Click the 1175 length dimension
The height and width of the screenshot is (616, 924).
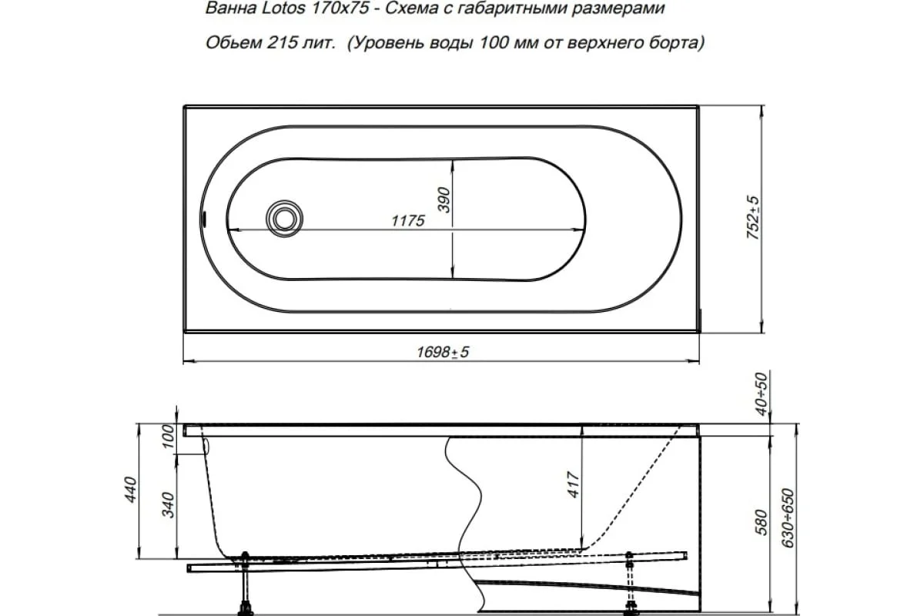(x=407, y=222)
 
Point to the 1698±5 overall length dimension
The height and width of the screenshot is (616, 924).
(x=441, y=353)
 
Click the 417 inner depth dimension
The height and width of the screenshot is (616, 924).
(x=574, y=484)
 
